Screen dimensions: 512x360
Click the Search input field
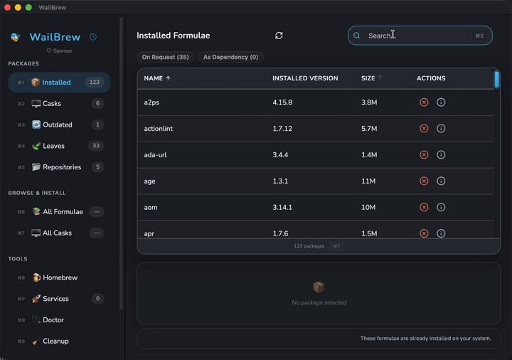[420, 36]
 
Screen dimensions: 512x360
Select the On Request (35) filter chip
[165, 57]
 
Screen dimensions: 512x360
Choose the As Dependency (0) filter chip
[230, 57]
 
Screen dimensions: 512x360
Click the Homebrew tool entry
[60, 277]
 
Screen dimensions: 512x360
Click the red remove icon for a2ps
[424, 102]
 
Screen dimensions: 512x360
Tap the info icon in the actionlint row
[441, 129]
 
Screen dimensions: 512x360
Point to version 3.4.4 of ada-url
[280, 155]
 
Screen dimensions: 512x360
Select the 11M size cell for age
[368, 181]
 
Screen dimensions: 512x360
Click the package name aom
[151, 208]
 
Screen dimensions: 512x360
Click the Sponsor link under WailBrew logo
[60, 51]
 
